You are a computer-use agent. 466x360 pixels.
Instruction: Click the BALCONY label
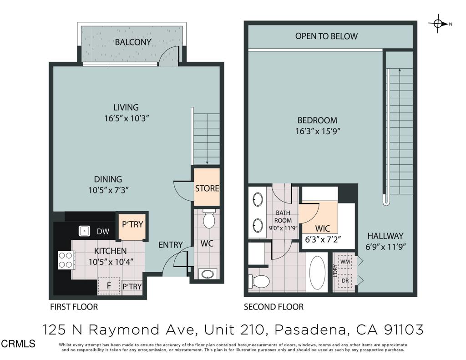tap(133, 42)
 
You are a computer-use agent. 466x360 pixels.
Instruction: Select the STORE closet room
tap(207, 188)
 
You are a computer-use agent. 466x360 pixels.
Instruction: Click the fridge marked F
tap(109, 286)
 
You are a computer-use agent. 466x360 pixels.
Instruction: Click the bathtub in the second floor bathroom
tap(317, 273)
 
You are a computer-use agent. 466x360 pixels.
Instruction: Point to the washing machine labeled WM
tap(345, 262)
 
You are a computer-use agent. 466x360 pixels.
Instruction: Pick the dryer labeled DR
tap(345, 280)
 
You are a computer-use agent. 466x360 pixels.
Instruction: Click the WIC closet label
tap(322, 228)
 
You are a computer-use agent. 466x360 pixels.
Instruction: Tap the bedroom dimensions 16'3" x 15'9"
tap(317, 131)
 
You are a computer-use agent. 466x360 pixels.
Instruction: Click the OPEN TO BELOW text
tap(326, 36)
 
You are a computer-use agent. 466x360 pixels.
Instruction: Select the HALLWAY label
tap(385, 236)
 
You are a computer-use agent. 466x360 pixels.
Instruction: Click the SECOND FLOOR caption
tap(274, 307)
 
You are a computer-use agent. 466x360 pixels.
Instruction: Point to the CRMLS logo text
tap(18, 344)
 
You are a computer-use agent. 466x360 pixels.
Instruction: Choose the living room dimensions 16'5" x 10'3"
tap(126, 118)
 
